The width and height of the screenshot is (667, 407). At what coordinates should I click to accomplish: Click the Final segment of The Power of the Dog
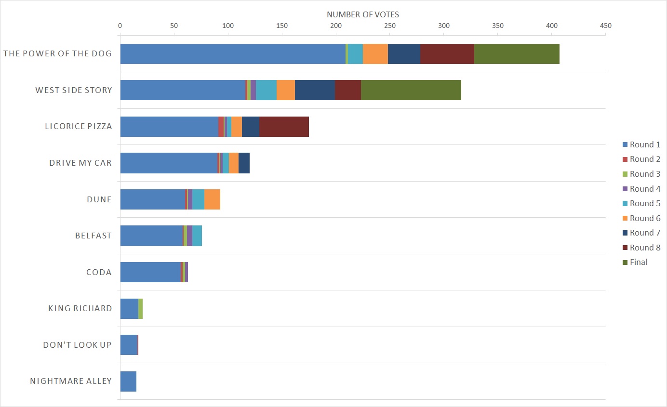pyautogui.click(x=517, y=54)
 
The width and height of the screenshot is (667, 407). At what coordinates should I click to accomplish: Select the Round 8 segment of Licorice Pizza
pyautogui.click(x=284, y=127)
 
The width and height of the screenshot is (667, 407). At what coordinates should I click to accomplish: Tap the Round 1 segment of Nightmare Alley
pyautogui.click(x=128, y=381)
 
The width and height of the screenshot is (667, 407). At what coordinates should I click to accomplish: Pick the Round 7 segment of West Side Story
pyautogui.click(x=315, y=90)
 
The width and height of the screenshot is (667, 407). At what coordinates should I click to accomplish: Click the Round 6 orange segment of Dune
pyautogui.click(x=212, y=199)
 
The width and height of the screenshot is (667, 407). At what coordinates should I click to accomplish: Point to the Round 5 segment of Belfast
pyautogui.click(x=197, y=236)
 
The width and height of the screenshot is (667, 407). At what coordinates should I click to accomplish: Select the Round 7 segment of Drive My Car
pyautogui.click(x=244, y=163)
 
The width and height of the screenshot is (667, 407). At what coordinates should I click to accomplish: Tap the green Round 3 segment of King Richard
pyautogui.click(x=140, y=308)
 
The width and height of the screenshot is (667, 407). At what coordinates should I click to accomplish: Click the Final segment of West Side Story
pyautogui.click(x=411, y=90)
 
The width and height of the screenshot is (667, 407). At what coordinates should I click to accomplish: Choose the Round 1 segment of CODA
pyautogui.click(x=150, y=272)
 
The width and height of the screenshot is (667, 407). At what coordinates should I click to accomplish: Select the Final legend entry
pyautogui.click(x=638, y=263)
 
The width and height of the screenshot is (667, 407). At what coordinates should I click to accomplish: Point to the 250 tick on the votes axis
pyautogui.click(x=390, y=26)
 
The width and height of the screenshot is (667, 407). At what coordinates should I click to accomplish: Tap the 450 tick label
pyautogui.click(x=606, y=26)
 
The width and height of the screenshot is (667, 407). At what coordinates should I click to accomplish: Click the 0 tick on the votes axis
pyautogui.click(x=120, y=26)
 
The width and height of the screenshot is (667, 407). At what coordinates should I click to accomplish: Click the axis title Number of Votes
pyautogui.click(x=363, y=14)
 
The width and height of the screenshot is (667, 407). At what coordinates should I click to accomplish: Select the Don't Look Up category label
pyautogui.click(x=77, y=345)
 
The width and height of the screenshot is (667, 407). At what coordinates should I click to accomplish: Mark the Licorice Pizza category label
pyautogui.click(x=78, y=127)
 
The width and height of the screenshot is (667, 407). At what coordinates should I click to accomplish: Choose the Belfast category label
pyautogui.click(x=93, y=236)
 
